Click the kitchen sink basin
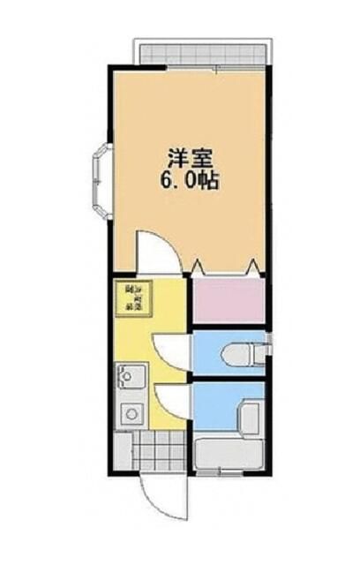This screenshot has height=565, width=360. (131, 380)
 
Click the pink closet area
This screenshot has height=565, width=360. (228, 300)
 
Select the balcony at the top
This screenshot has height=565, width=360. (200, 51)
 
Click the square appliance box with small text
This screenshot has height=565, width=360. (134, 299)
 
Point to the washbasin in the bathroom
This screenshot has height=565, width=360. (251, 415)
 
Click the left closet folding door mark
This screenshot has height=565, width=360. (197, 266)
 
